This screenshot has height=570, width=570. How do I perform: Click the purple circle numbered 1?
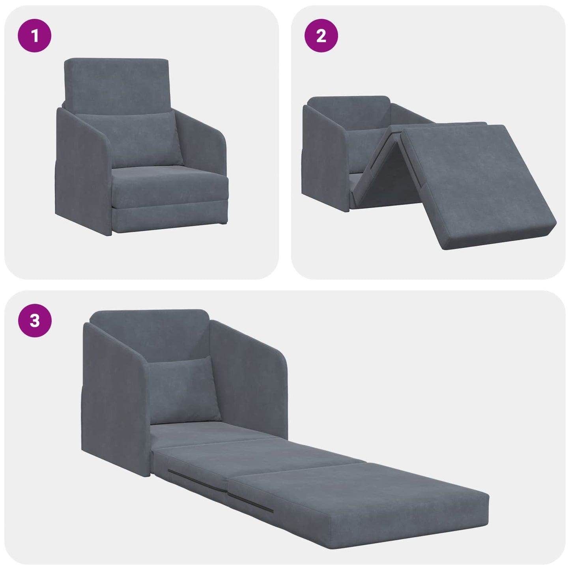coord(35,36)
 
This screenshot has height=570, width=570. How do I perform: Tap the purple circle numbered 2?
coord(321,36)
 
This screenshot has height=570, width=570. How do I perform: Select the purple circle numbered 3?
coord(35,321)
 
